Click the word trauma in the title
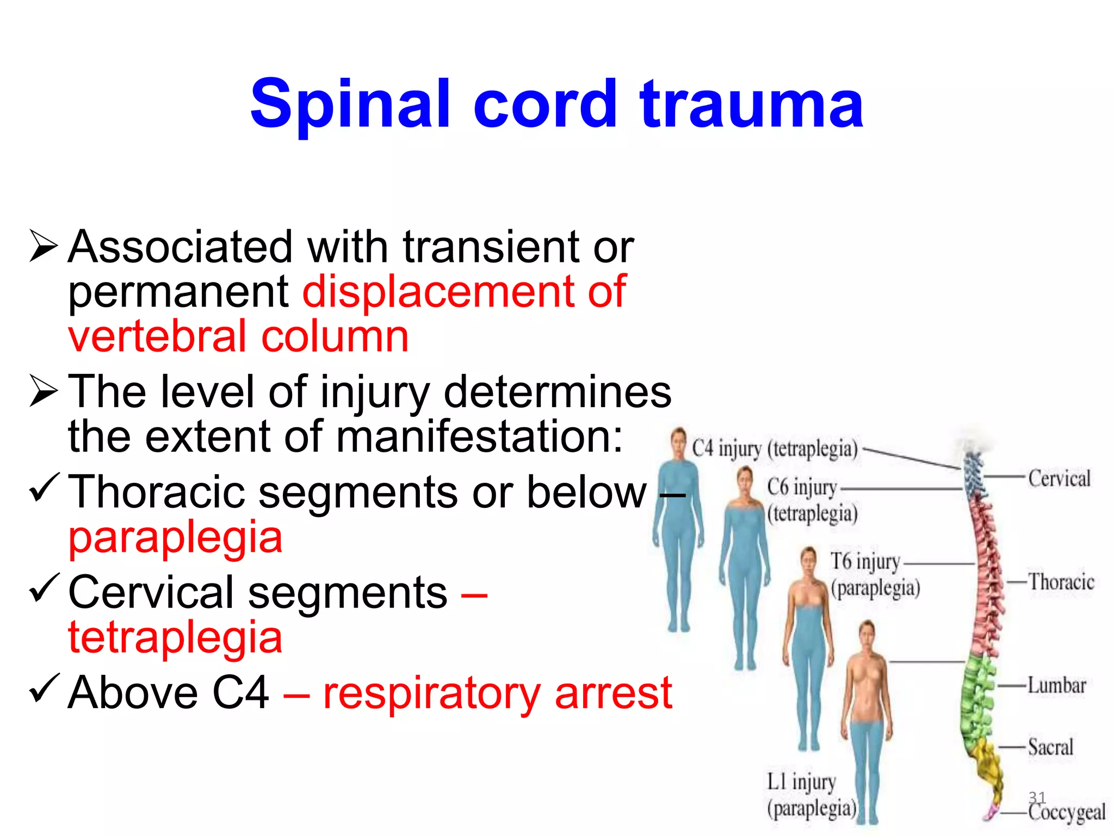[x=752, y=104]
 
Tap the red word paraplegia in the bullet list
[x=175, y=537]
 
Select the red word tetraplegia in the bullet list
[x=175, y=637]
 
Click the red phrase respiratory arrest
[x=497, y=693]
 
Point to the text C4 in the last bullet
[x=240, y=693]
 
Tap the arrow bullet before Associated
[x=44, y=246]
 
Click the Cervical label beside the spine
[x=1059, y=479]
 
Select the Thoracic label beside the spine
[x=1061, y=582]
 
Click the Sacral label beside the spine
[x=1050, y=747]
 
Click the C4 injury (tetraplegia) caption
[x=775, y=449]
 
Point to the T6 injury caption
[x=865, y=562]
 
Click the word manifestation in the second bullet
[x=479, y=437]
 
